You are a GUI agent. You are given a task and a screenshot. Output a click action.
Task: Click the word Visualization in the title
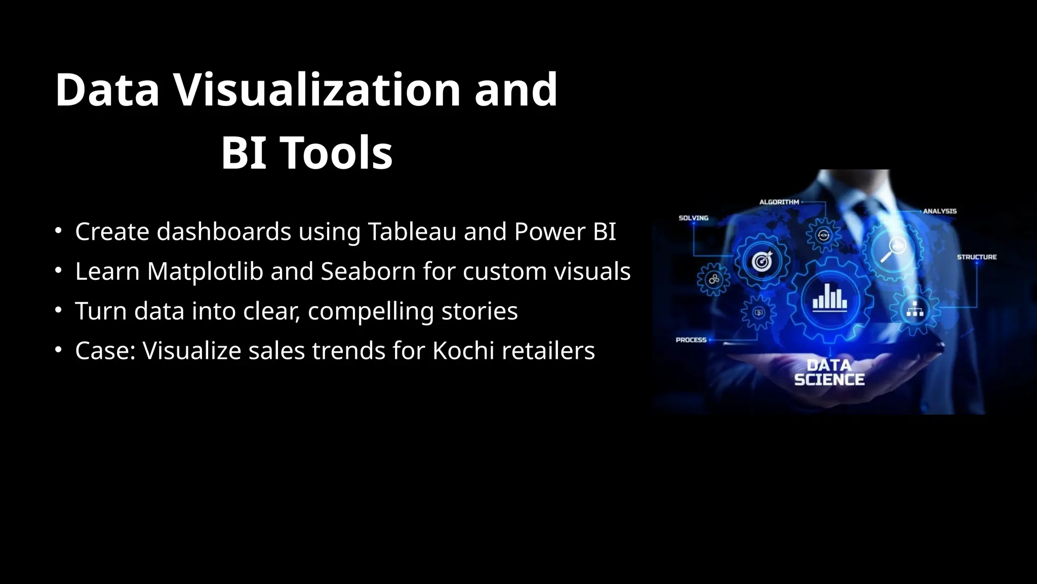317,90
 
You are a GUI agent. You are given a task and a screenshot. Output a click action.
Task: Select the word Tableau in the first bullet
412,232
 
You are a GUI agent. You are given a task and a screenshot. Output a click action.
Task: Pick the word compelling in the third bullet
371,311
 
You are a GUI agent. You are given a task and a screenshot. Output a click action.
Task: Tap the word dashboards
224,232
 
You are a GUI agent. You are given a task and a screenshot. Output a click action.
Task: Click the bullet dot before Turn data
59,309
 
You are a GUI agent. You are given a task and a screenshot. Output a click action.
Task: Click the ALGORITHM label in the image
779,202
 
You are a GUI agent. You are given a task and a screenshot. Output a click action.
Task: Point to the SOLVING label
693,218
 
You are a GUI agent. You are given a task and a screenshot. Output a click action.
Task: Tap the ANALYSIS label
940,211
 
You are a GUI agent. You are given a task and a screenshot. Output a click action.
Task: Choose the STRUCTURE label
976,257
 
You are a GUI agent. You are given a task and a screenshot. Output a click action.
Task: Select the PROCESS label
691,340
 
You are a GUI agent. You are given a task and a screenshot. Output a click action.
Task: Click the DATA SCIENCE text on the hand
829,373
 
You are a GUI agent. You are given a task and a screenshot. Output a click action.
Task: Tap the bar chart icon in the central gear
829,298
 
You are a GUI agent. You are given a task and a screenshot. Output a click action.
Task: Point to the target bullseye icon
762,261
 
